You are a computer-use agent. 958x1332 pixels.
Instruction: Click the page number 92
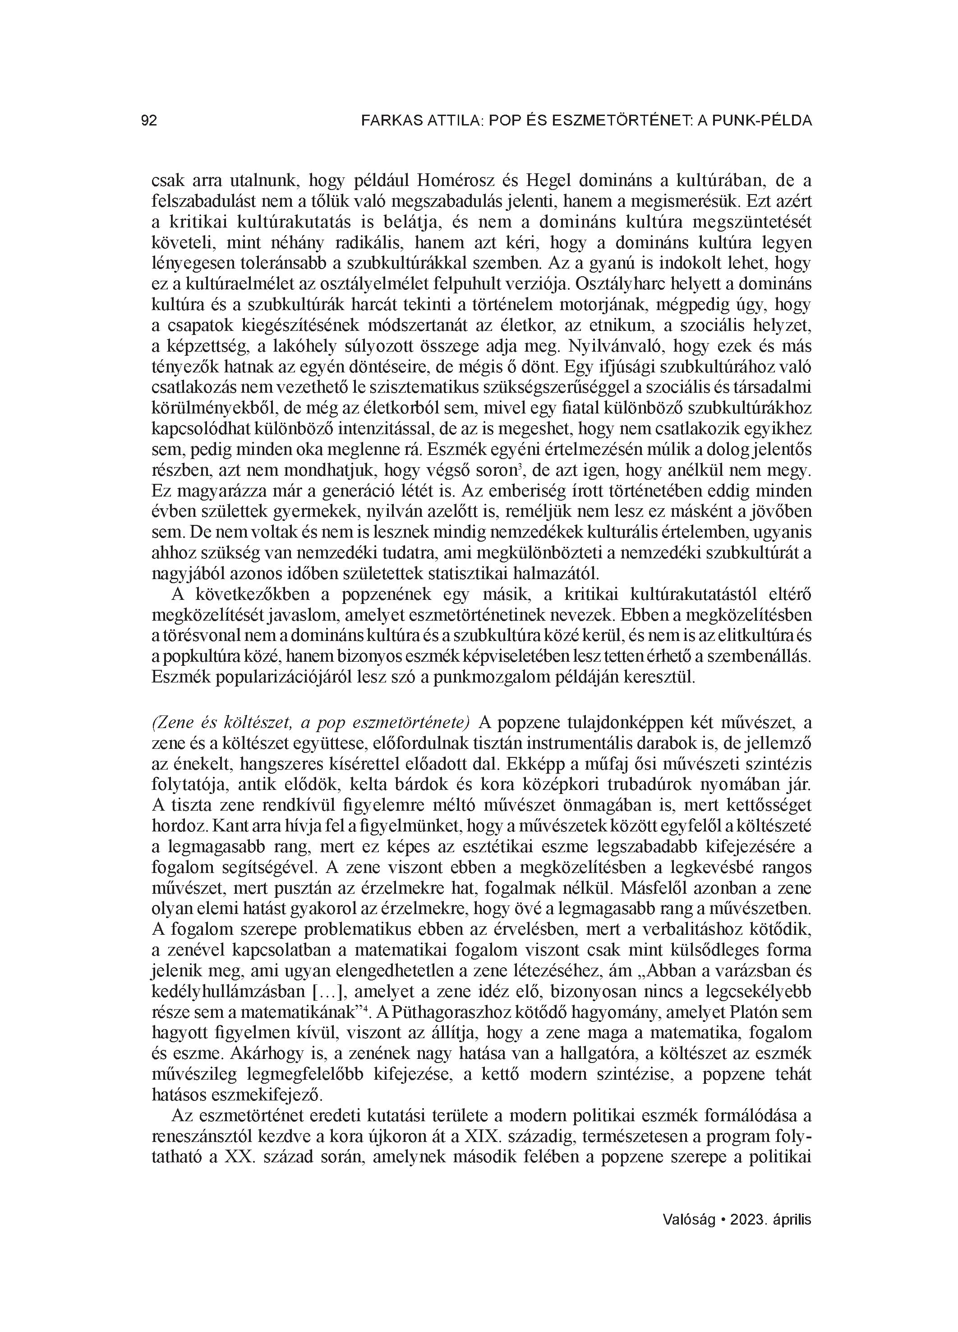(149, 121)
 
